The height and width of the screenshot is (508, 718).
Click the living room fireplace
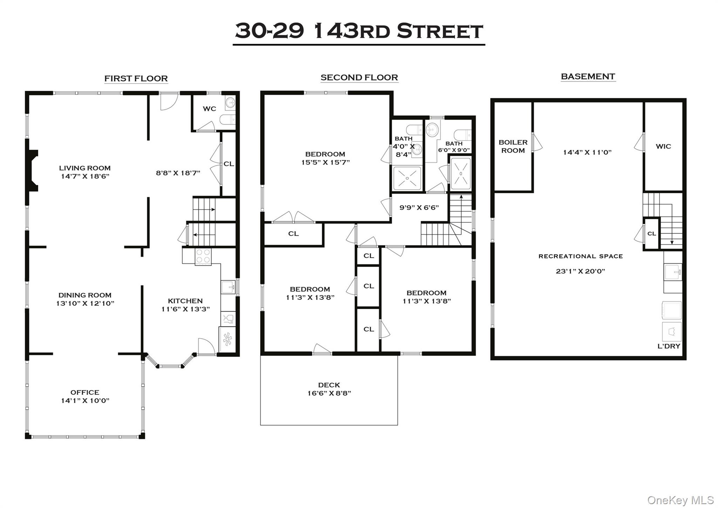tap(32, 171)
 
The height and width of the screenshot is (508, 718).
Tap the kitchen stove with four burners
tap(203, 256)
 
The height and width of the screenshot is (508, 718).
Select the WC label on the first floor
tap(209, 109)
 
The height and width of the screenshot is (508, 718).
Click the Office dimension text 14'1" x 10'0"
tap(85, 401)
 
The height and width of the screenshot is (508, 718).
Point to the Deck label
tap(329, 385)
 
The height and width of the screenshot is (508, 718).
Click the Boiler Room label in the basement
tap(513, 146)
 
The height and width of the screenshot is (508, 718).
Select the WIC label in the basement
tap(663, 146)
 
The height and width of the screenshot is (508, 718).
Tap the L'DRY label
tap(669, 346)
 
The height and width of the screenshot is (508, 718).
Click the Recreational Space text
tap(581, 256)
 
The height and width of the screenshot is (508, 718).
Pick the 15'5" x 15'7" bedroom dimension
tap(325, 162)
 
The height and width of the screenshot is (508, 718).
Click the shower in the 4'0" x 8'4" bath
tap(407, 178)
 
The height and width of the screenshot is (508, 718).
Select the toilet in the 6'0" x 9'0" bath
tap(462, 135)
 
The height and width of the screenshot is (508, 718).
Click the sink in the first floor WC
tap(230, 103)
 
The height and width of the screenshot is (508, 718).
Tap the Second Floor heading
tap(359, 78)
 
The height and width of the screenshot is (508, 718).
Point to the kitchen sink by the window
tap(228, 287)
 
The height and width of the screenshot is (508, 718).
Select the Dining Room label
tap(85, 295)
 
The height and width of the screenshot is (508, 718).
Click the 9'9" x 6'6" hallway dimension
tap(419, 207)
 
